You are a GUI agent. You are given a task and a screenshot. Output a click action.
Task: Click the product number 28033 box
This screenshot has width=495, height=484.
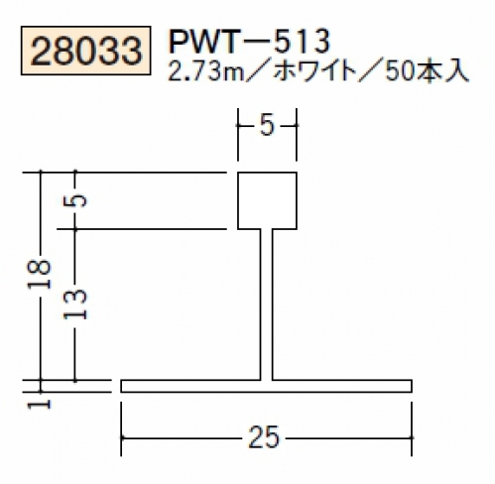(86, 51)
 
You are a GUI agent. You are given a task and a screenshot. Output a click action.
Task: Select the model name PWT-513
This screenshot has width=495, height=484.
(250, 42)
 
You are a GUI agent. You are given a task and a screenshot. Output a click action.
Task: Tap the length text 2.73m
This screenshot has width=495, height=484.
(201, 72)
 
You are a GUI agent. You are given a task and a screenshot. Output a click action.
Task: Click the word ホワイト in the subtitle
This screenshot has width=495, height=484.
(314, 72)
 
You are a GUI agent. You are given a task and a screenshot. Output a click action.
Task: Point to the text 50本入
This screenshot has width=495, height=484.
(427, 72)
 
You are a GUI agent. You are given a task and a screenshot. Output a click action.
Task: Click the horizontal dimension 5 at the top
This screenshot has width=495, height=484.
(267, 126)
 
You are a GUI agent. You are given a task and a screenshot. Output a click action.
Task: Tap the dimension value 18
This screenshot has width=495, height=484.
(40, 275)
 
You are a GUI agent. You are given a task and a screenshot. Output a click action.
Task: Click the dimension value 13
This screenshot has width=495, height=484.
(75, 304)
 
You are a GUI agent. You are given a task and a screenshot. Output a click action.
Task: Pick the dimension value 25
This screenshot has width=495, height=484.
(264, 437)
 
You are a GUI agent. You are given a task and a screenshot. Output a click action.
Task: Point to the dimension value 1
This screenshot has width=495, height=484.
(40, 404)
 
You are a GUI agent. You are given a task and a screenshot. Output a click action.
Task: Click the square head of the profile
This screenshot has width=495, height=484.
(267, 200)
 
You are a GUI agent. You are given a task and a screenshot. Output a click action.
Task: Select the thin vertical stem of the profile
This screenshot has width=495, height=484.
(267, 304)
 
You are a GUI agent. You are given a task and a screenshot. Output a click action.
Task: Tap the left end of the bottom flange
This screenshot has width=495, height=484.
(121, 386)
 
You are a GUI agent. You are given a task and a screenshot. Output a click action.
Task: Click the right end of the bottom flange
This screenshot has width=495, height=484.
(412, 386)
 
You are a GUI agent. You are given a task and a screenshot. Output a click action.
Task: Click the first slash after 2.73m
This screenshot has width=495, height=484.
(254, 72)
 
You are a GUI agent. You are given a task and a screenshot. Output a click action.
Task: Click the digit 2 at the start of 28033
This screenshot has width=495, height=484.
(42, 52)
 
